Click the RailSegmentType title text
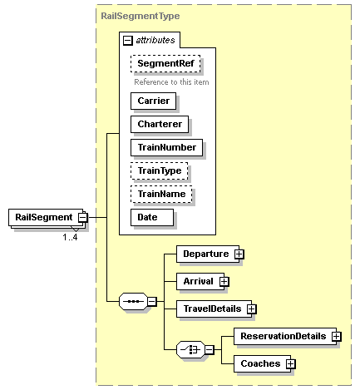pyautogui.click(x=141, y=16)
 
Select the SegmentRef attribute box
pyautogui.click(x=165, y=63)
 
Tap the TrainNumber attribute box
pyautogui.click(x=166, y=147)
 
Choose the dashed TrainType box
pyautogui.click(x=160, y=170)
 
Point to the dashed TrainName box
pyautogui.click(x=161, y=194)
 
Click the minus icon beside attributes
pyautogui.click(x=126, y=40)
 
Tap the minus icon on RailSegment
pyautogui.click(x=83, y=217)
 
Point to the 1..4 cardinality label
pyautogui.click(x=72, y=237)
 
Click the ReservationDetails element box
pyautogui.click(x=283, y=336)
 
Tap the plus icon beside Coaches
pyautogui.click(x=292, y=363)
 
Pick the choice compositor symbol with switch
pyautogui.click(x=192, y=349)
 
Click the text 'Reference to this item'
pyautogui.click(x=171, y=82)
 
